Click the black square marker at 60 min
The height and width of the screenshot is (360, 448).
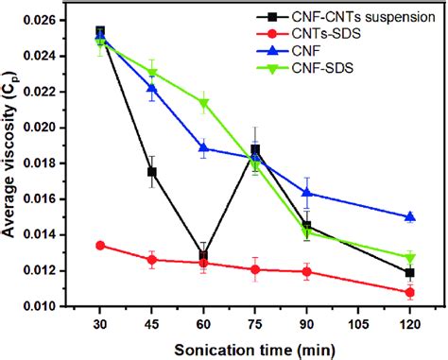point(203,256)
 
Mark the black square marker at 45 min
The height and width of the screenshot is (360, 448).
point(152,172)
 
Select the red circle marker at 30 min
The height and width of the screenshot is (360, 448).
point(100,246)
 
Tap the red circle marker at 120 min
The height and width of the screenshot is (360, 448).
point(409,292)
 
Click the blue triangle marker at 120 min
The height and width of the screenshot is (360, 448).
point(409,216)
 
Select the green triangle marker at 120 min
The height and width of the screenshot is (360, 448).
point(409,257)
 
